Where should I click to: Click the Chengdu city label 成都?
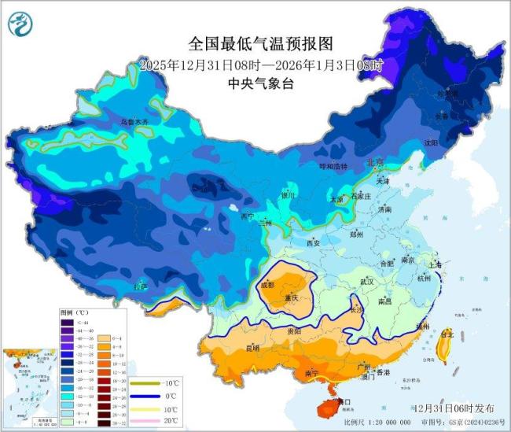271,284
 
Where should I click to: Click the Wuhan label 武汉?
366,281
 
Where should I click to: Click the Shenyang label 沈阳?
430,143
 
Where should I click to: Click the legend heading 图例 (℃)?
72,312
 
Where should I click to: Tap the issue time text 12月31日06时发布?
454,408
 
